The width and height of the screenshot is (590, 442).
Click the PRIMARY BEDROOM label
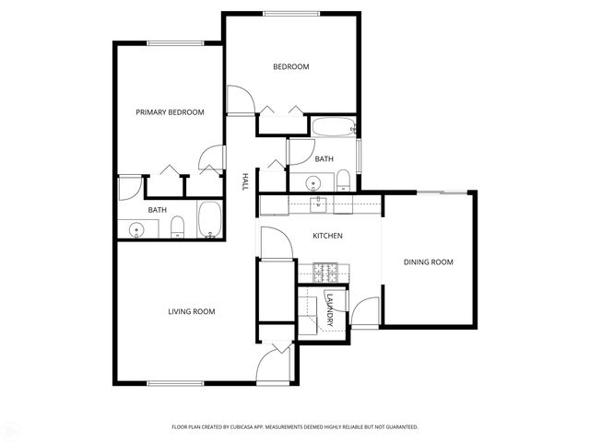tap(170, 112)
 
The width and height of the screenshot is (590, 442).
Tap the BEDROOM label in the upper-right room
tap(290, 66)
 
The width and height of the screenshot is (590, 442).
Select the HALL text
tap(245, 181)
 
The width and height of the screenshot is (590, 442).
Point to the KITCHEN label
tap(327, 237)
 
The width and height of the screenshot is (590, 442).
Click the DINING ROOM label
tap(429, 262)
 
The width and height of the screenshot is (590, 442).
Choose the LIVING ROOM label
tap(191, 312)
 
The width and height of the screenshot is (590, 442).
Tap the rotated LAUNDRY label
tap(329, 311)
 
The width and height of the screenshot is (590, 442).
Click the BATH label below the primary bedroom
tap(158, 210)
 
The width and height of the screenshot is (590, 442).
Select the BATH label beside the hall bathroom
tap(324, 159)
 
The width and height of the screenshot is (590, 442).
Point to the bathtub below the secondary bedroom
tap(333, 127)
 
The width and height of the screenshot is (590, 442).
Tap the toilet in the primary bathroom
tap(179, 227)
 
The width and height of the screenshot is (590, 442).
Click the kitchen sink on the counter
tap(319, 203)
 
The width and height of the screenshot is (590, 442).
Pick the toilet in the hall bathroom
tap(341, 178)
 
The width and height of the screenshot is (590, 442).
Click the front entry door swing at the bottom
tap(274, 366)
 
